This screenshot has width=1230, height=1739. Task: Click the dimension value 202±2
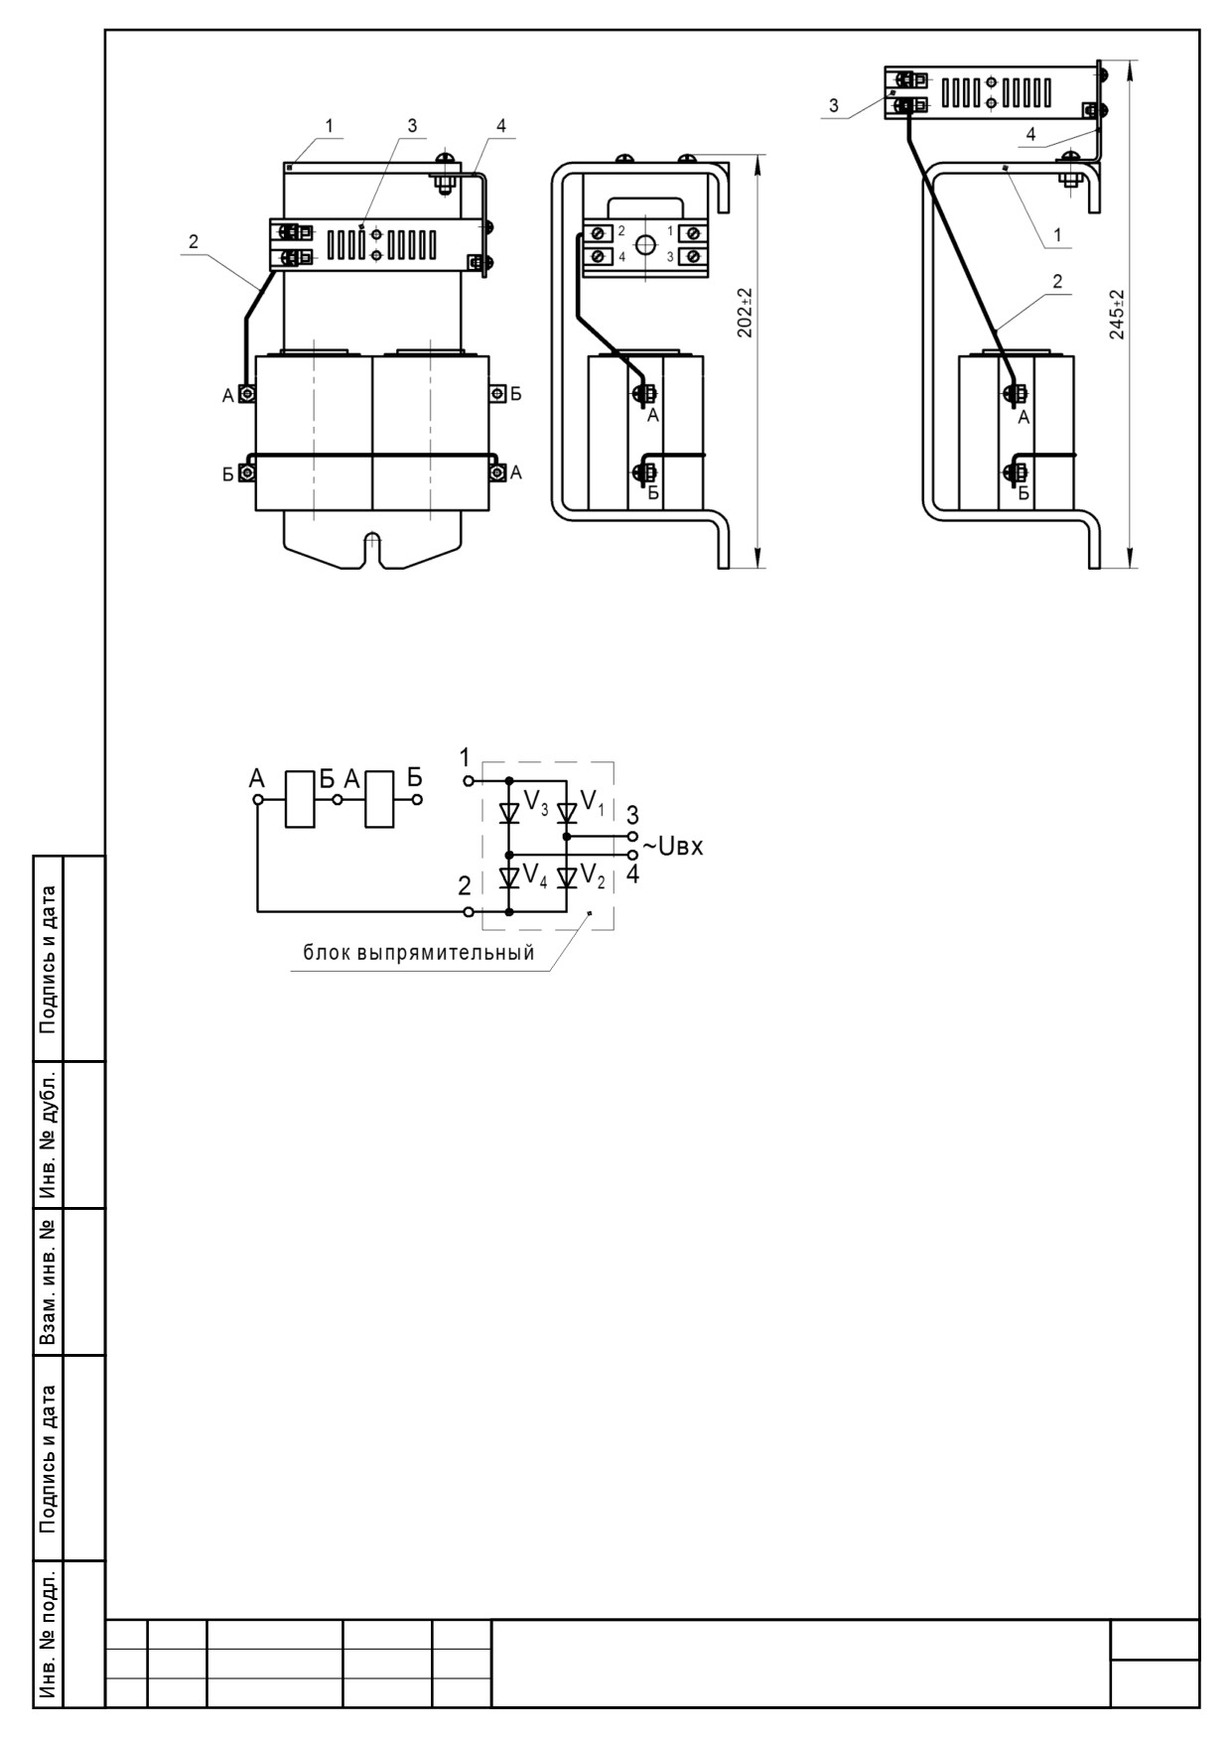pyautogui.click(x=746, y=313)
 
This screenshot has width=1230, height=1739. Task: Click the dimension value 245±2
pyautogui.click(x=1116, y=315)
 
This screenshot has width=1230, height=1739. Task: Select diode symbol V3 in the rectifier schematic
pyautogui.click(x=509, y=813)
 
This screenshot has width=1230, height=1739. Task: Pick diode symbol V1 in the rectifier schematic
pyautogui.click(x=567, y=813)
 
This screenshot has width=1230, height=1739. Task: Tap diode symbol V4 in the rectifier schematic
pyautogui.click(x=509, y=877)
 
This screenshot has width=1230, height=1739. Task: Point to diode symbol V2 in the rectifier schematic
pyautogui.click(x=567, y=877)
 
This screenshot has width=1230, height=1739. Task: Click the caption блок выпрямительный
pyautogui.click(x=418, y=953)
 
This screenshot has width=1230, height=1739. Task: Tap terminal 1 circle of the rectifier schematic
pyautogui.click(x=468, y=781)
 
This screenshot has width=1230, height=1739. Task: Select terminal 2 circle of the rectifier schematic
pyautogui.click(x=468, y=910)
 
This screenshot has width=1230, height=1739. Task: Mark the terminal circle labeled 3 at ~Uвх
pyautogui.click(x=632, y=837)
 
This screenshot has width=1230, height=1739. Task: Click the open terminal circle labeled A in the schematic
pyautogui.click(x=257, y=799)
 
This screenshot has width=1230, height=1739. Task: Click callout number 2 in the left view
pyautogui.click(x=194, y=241)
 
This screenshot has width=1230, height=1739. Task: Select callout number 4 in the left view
pyautogui.click(x=501, y=126)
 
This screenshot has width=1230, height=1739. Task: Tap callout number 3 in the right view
pyautogui.click(x=834, y=104)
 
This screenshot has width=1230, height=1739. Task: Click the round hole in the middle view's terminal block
pyautogui.click(x=646, y=244)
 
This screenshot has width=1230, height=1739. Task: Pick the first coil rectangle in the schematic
pyautogui.click(x=300, y=798)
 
